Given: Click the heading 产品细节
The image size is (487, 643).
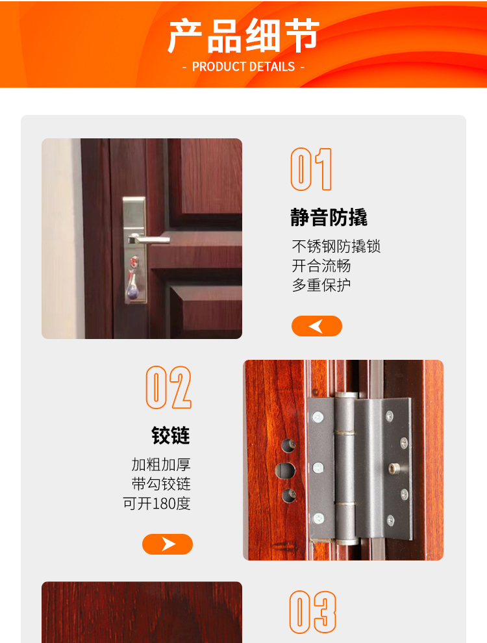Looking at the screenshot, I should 243,36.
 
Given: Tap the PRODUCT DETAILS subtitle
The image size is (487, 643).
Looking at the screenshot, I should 243,67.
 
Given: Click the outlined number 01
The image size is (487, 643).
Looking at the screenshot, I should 311,170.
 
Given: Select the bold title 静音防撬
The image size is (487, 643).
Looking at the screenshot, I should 329,218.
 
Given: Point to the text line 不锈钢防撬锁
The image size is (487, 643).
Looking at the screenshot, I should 336,247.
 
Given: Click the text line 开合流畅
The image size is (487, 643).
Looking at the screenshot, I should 321,266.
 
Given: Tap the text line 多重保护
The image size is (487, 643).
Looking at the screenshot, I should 321,285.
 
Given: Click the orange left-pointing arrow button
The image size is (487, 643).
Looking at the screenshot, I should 316,326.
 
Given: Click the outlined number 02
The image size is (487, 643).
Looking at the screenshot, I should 168,388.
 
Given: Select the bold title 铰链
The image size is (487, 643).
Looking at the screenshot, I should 171,436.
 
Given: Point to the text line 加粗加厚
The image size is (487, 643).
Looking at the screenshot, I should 161,465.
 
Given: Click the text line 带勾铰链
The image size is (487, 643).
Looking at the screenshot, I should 161,485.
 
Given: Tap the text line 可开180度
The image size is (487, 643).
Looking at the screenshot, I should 156,504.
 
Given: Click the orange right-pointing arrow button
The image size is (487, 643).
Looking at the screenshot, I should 168,544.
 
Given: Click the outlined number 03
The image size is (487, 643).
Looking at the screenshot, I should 312,612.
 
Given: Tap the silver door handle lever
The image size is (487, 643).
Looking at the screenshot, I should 149,240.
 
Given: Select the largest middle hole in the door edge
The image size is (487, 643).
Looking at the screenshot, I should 284,470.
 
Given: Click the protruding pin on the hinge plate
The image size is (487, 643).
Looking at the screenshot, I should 393,468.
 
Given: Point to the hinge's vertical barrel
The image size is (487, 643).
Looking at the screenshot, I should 346,468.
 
